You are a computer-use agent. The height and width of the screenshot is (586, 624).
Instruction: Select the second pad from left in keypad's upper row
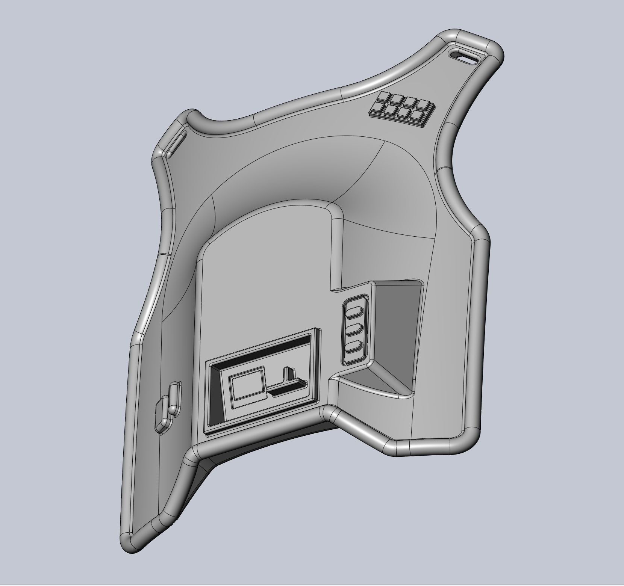(x=398, y=100)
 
